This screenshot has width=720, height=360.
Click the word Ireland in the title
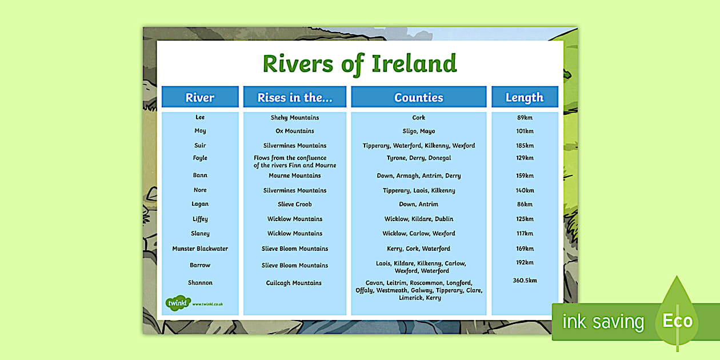414,63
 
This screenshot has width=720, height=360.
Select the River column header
200,97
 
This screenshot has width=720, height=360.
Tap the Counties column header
418,97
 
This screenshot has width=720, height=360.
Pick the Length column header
525,97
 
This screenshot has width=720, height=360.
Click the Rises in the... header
295,97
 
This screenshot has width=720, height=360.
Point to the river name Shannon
200,282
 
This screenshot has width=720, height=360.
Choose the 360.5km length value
525,280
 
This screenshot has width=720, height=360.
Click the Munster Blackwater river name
200,249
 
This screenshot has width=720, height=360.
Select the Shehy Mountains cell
295,118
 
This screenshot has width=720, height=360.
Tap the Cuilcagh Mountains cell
294,283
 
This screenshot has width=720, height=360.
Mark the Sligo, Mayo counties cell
418,131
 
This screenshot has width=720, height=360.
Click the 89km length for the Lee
525,118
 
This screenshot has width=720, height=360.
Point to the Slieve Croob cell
295,204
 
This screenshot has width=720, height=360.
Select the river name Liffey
200,219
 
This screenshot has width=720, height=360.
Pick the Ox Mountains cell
295,131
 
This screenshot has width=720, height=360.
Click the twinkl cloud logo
178,303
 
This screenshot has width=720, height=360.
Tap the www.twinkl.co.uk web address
207,304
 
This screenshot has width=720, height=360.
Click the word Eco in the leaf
678,321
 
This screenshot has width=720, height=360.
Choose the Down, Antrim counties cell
418,204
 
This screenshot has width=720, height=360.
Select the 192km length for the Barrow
525,262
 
